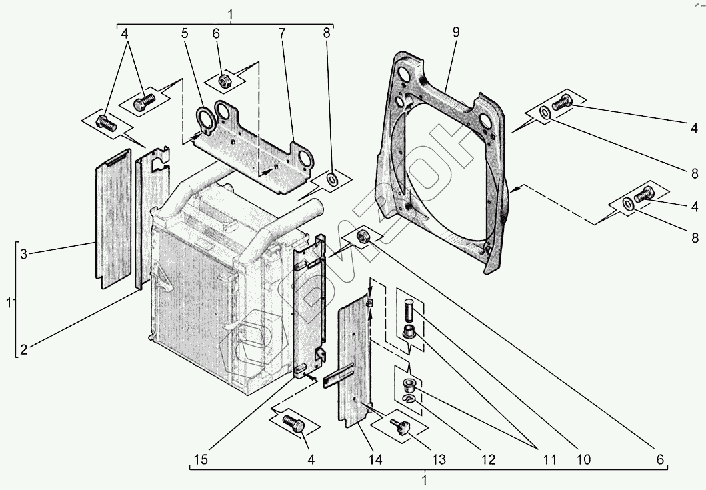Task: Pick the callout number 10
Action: point(584,460)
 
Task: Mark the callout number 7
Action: point(282,31)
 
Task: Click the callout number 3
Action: point(23,253)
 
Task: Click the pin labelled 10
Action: point(409,310)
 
